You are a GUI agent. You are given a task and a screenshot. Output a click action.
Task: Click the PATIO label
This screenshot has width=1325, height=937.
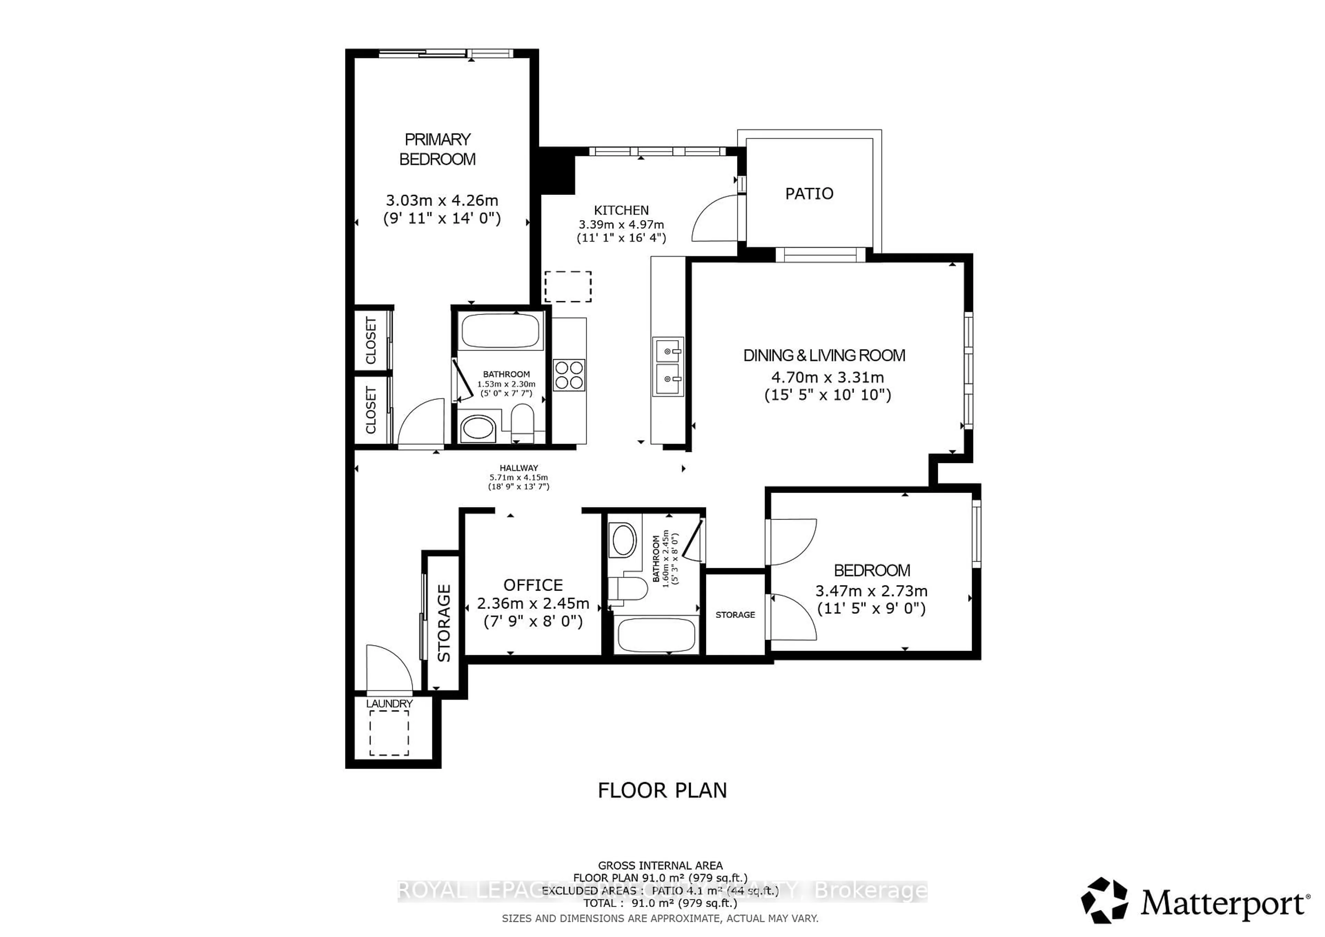click(x=809, y=194)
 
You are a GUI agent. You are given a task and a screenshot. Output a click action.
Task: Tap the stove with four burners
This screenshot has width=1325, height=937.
click(x=569, y=375)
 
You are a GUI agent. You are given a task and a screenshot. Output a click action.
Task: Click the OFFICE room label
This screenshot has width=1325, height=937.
click(x=533, y=585)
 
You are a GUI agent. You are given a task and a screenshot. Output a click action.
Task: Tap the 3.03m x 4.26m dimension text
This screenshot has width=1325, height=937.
click(x=441, y=200)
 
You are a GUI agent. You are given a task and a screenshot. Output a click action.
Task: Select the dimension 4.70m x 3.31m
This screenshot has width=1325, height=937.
click(x=827, y=377)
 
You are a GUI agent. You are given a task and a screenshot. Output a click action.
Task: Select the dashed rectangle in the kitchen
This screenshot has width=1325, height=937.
click(x=568, y=286)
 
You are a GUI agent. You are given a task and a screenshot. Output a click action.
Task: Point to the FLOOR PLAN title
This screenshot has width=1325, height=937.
click(x=662, y=790)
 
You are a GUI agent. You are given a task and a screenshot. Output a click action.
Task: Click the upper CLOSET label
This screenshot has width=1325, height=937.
click(x=371, y=341)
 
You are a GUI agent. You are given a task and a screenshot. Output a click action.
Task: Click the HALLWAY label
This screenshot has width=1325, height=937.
click(x=518, y=468)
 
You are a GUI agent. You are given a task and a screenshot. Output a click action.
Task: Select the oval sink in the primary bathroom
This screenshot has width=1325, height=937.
click(x=478, y=429)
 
